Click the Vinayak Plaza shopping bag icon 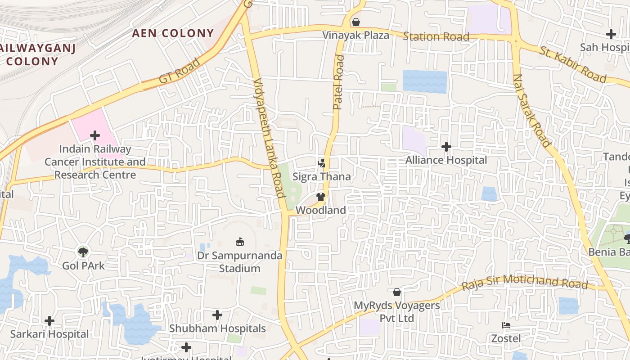click(356, 22)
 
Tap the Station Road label click(436, 36)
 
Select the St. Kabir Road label click(573, 65)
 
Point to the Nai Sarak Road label click(531, 110)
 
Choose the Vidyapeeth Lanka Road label click(269, 138)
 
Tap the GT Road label click(179, 72)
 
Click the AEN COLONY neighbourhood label click(173, 33)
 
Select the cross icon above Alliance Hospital click(446, 147)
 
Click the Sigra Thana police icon click(321, 163)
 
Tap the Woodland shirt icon click(320, 197)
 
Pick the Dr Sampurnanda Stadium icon click(240, 242)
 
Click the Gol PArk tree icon click(83, 252)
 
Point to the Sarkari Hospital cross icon click(49, 321)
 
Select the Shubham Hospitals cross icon click(217, 315)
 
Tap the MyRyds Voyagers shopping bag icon click(396, 292)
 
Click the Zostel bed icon click(506, 325)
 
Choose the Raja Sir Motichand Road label click(525, 282)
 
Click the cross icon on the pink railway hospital click(95, 135)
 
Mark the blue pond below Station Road click(424, 81)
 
